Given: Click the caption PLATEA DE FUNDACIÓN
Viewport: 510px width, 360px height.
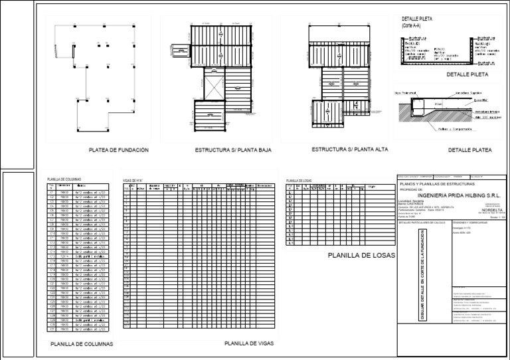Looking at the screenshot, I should point(118,150).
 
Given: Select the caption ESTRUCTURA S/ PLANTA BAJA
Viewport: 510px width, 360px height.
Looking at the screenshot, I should point(228,151).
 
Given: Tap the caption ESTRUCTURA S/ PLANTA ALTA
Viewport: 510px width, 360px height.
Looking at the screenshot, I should point(349,149).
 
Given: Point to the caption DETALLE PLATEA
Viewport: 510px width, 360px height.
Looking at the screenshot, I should point(469,151).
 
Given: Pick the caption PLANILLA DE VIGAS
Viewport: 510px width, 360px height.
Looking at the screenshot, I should point(249,343).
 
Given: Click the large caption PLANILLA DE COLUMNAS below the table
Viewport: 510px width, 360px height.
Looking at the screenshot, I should point(82,344).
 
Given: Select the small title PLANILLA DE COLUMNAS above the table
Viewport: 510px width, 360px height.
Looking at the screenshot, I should point(64,179).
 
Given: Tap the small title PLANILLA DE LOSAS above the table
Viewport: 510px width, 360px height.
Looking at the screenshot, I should point(299,180).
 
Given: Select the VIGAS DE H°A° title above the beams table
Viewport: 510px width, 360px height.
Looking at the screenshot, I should point(133,180).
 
